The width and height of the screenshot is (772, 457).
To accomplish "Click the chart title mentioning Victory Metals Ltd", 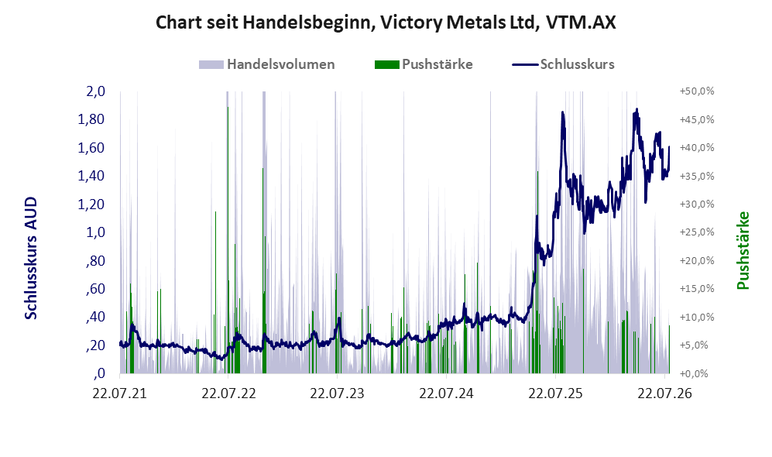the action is click(x=386, y=22).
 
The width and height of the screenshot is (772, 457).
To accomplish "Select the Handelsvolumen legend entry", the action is click(x=267, y=64).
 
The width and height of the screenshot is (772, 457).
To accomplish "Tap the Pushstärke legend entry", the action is click(x=424, y=64).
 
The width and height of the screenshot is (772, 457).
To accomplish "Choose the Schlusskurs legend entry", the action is click(x=563, y=64).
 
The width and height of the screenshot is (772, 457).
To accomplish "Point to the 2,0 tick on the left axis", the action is click(x=95, y=91).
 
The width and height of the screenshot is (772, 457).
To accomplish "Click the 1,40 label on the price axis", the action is click(x=91, y=176).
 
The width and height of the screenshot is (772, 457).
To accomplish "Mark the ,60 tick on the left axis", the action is click(x=95, y=289).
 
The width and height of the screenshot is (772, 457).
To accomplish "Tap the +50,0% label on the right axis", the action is click(x=697, y=91).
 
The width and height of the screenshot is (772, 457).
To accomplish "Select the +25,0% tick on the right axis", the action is click(x=697, y=232).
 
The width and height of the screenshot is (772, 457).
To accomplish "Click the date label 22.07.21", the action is click(x=120, y=393).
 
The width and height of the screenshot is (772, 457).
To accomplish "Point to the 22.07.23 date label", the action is click(x=338, y=393).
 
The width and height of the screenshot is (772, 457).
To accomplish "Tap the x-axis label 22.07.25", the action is click(x=555, y=393).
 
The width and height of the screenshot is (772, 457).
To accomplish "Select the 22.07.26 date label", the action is click(x=664, y=393).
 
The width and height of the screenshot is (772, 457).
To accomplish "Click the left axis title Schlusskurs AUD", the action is click(x=31, y=258).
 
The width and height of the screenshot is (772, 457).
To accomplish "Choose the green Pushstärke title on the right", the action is click(x=743, y=250).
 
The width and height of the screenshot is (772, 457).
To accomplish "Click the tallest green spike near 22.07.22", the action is click(x=228, y=240).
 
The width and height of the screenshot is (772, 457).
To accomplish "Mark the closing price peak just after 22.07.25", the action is click(x=562, y=113).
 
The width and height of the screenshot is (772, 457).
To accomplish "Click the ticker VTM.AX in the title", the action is click(x=581, y=22).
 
